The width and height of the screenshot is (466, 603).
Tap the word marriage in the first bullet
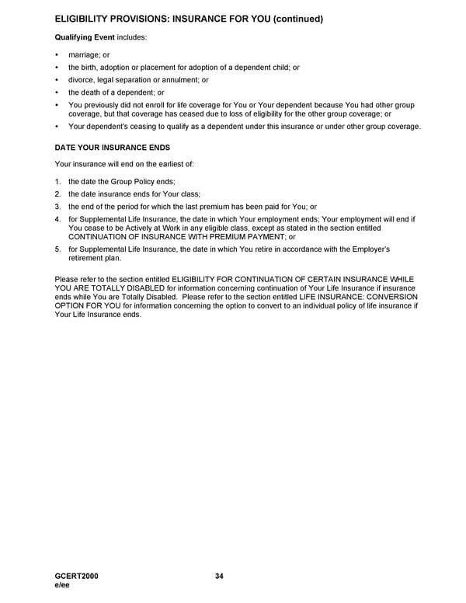84,55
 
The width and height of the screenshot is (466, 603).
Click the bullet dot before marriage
57,55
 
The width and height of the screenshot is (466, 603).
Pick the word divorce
82,80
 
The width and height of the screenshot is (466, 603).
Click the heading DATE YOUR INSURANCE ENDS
112,147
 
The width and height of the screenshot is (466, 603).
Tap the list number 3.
57,207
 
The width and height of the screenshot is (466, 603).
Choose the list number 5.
57,249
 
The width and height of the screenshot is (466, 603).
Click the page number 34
219,576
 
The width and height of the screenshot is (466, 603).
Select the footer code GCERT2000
77,576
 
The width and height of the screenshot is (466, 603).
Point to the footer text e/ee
63,585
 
